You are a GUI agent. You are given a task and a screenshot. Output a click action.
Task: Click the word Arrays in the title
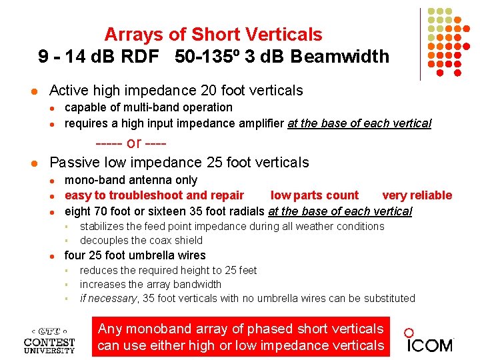pyautogui.click(x=131, y=34)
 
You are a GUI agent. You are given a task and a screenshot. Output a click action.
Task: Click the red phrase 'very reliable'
pyautogui.click(x=417, y=195)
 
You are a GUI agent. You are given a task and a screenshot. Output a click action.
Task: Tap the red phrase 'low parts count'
pyautogui.click(x=314, y=195)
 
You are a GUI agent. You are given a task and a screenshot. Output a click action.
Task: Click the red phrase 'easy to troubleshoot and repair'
pyautogui.click(x=154, y=195)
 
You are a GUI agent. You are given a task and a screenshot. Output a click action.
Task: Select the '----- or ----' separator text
pyautogui.click(x=131, y=143)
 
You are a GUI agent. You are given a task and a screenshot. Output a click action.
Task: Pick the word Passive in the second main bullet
pyautogui.click(x=75, y=162)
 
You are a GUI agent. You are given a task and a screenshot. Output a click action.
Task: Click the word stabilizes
pyautogui.click(x=102, y=226)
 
